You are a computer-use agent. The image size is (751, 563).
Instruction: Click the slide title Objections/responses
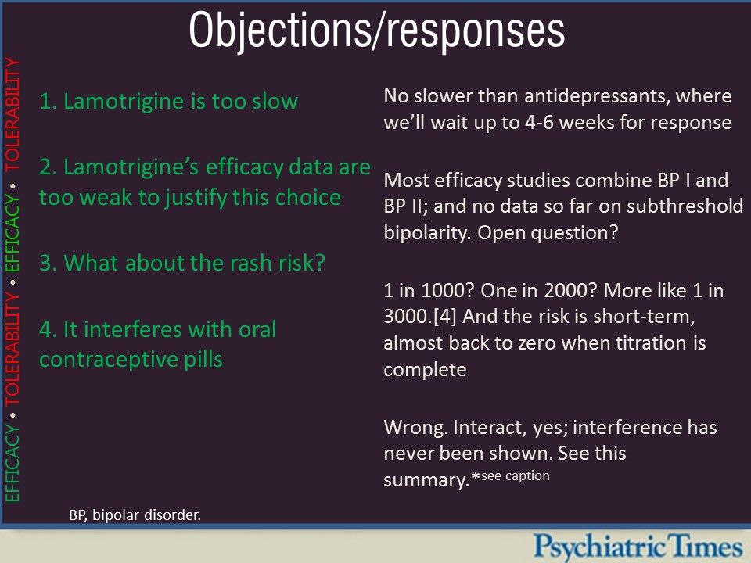pyautogui.click(x=376, y=31)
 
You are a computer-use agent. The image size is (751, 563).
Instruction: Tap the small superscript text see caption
pyautogui.click(x=516, y=476)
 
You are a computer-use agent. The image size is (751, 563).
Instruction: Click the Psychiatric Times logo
pyautogui.click(x=638, y=546)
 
